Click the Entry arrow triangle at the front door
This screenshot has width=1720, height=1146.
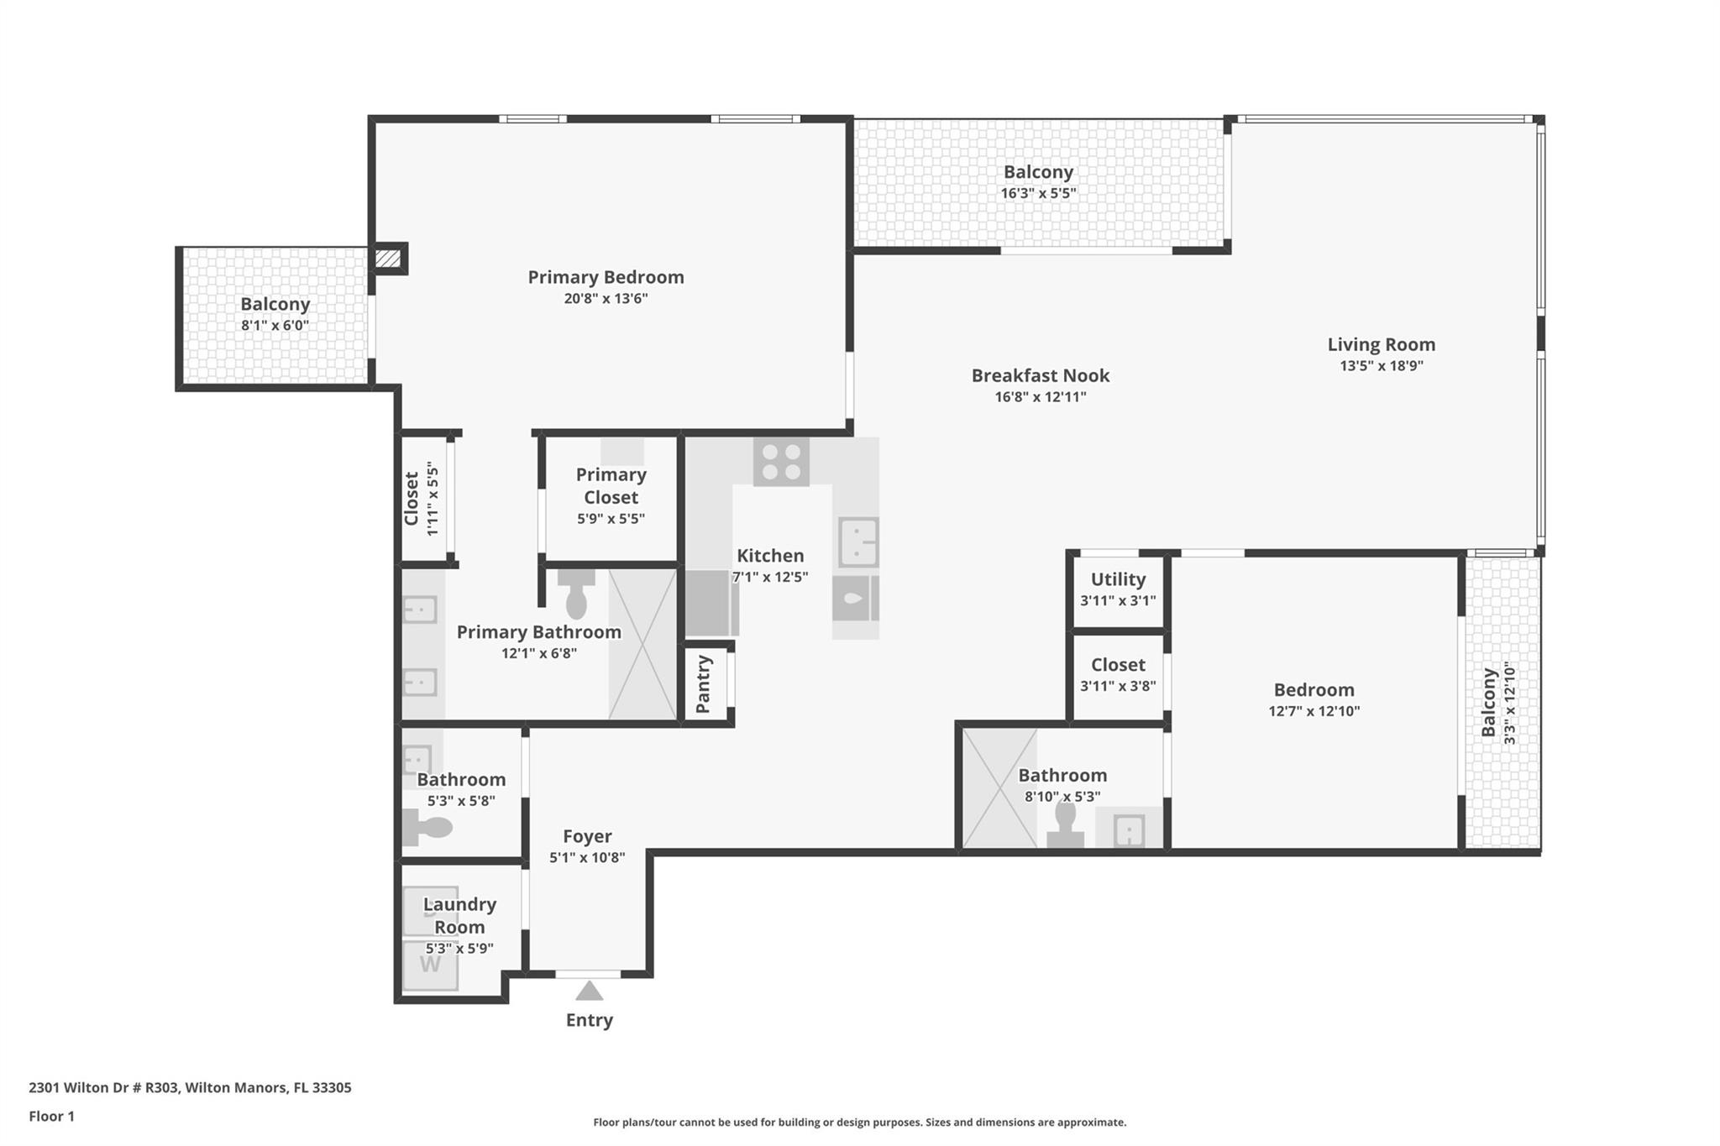point(589,992)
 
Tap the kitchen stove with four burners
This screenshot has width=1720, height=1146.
point(781,461)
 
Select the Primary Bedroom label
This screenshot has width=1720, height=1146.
point(606,277)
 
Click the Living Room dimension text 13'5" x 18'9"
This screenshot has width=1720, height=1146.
point(1382,365)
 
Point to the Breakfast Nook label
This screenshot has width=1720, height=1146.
point(1041,375)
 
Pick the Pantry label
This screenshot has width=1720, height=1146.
point(704,684)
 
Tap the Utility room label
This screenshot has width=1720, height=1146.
point(1118,579)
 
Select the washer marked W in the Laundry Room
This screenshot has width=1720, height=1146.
point(430,965)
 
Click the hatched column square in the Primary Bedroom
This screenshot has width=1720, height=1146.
point(388,258)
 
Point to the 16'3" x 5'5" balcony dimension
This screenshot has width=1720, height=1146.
point(1038,193)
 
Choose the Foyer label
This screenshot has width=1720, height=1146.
point(587,836)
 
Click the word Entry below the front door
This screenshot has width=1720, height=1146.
point(589,1020)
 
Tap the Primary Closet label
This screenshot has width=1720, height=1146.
point(611,486)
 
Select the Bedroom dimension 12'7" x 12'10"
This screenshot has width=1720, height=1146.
point(1314,711)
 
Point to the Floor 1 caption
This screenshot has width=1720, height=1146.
point(51,1117)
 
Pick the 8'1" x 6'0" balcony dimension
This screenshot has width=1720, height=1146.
point(275,325)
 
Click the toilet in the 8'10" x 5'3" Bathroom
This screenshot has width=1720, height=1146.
point(1065,826)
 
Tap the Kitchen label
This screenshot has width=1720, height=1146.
point(770,556)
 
